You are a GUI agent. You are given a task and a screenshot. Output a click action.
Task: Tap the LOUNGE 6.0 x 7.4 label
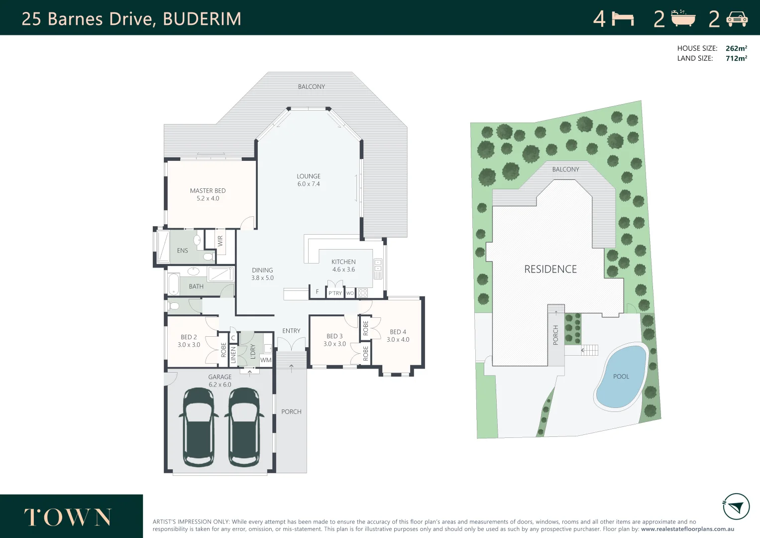309,180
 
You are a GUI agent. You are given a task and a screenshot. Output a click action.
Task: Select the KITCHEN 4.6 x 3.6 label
343,266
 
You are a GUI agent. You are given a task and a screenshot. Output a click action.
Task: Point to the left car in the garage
199,427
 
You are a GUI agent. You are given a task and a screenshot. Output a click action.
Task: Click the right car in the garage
244,427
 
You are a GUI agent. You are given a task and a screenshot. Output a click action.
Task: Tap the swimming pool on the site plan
621,377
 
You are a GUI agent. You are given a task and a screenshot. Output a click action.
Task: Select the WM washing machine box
266,360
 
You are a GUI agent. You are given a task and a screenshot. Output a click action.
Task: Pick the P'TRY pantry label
335,293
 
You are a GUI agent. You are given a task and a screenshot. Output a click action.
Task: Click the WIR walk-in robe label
220,241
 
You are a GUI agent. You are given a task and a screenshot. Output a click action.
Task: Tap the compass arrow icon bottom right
736,507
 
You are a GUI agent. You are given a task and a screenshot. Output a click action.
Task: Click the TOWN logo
68,518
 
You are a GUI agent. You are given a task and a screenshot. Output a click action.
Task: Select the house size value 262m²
736,48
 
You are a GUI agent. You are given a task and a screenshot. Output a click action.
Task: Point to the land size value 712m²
736,58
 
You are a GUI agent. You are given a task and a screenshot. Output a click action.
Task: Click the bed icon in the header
623,19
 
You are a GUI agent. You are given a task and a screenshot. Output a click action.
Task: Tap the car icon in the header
737,19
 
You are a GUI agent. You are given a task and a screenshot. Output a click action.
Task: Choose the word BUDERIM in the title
202,19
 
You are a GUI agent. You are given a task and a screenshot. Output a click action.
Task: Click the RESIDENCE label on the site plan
550,269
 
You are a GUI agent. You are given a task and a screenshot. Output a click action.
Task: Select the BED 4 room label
398,336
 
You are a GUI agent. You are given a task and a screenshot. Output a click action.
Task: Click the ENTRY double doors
291,344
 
